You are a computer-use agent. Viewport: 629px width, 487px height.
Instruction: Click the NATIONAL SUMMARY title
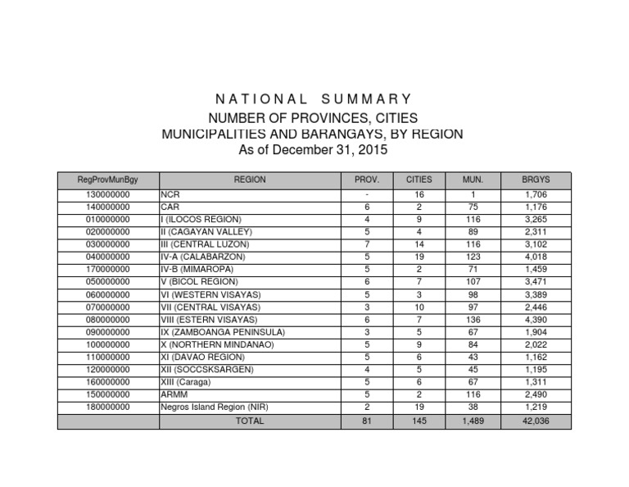pos(312,99)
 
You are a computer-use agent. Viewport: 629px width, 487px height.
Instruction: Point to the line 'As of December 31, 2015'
pos(312,150)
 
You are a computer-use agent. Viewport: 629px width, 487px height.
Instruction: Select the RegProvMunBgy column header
pos(108,180)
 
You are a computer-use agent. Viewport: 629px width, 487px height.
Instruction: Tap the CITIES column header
pos(419,180)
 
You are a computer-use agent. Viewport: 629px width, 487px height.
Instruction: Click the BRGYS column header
pos(536,180)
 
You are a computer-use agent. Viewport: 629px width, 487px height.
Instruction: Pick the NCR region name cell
pos(170,195)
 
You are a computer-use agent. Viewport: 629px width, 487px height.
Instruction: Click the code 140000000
pos(108,207)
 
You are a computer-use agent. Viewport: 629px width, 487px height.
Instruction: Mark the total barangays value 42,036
pos(537,421)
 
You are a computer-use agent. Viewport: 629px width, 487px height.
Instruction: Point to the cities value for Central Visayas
pos(419,307)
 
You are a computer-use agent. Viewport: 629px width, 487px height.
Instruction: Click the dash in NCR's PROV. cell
pos(366,195)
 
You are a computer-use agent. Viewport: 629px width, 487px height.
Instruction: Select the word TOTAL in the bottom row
pos(250,421)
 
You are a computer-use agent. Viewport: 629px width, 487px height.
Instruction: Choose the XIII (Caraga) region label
pos(188,381)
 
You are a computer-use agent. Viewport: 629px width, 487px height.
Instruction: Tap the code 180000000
pos(108,407)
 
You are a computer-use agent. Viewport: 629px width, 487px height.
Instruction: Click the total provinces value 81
pos(366,421)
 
